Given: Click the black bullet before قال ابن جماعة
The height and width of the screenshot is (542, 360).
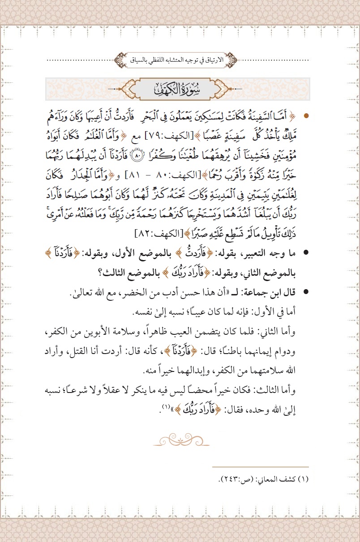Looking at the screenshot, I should click(x=306, y=292).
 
